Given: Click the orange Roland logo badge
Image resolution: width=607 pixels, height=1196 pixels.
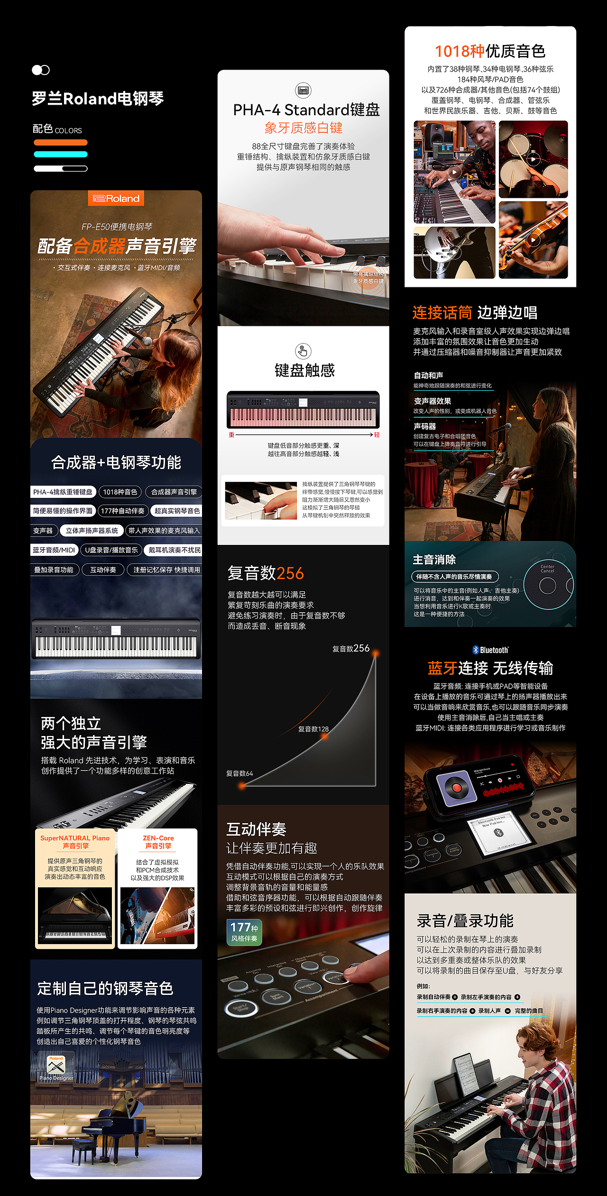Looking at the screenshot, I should tap(116, 198).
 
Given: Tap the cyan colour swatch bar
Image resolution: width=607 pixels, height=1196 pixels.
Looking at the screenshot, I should tap(61, 154).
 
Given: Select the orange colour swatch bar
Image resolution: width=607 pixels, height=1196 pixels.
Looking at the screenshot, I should tap(61, 142).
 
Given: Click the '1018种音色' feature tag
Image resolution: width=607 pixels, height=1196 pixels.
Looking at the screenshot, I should tap(120, 492).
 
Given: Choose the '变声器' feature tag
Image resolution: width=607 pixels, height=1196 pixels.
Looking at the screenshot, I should tap(43, 531).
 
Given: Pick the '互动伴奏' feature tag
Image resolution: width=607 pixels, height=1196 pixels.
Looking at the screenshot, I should tap(103, 570).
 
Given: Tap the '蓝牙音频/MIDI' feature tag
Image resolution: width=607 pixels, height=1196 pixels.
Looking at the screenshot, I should tap(54, 550).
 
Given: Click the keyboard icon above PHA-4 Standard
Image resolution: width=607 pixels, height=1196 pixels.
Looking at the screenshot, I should tap(303, 90).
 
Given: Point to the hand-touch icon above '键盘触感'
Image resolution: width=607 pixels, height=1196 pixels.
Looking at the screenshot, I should tap(303, 351).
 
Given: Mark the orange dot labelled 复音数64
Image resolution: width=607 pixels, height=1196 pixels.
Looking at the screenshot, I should tap(242, 786).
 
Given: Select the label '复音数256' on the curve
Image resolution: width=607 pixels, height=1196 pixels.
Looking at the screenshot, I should tap(350, 648).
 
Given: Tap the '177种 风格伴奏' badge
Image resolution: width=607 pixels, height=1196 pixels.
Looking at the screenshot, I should tap(244, 932).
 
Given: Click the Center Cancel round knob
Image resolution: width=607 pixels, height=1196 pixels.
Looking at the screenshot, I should tap(548, 586).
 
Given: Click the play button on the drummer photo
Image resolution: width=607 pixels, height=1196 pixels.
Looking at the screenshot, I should tap(533, 159).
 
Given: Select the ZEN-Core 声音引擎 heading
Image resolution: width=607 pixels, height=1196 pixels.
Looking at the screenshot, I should tap(158, 842).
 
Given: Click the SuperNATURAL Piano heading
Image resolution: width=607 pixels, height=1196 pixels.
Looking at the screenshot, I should tap(75, 842).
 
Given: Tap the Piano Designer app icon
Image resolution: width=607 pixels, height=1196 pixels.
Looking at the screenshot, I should tap(56, 1066).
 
